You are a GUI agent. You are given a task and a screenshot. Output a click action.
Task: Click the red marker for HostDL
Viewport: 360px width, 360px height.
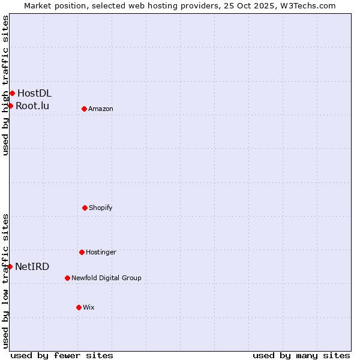coord(12,93)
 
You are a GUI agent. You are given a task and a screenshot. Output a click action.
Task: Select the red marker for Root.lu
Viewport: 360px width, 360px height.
coord(10,106)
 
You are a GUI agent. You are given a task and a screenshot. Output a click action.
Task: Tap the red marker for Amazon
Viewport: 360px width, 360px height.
coord(84,109)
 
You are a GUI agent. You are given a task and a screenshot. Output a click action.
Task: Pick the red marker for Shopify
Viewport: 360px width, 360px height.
coord(85,208)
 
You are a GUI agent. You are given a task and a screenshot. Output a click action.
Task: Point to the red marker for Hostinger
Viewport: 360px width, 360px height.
coord(82,252)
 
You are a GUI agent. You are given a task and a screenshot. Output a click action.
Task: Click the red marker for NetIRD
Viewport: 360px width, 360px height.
coord(10,266)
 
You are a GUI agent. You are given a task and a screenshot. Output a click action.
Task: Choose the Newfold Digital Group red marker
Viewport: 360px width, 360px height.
coord(67,278)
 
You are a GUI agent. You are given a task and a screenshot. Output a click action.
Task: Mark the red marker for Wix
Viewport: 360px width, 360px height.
coord(79,307)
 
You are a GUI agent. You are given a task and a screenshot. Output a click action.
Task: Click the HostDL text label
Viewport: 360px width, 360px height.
coord(34,93)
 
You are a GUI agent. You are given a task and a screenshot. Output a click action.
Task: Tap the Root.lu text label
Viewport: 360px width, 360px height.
coord(32,106)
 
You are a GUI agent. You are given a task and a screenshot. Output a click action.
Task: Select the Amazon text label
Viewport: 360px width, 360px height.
coord(101,109)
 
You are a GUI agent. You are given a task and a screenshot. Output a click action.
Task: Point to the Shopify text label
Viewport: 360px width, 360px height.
coord(101,208)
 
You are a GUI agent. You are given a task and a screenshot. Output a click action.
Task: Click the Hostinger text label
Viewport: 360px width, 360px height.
coord(101,252)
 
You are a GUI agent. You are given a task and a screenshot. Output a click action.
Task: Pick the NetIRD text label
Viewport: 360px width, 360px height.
coord(32,266)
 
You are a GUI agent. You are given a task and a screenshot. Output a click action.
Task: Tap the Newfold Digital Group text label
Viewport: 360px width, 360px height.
coord(106,278)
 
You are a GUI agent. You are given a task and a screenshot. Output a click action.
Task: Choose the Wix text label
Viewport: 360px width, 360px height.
coord(89,307)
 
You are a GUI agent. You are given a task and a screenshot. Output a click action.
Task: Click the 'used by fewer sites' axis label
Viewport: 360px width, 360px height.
coord(62,355)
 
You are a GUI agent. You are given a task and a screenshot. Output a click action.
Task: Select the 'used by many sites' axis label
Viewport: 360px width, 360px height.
coord(301,355)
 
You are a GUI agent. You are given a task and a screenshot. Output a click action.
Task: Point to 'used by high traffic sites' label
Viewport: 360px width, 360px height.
coord(5,85)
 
